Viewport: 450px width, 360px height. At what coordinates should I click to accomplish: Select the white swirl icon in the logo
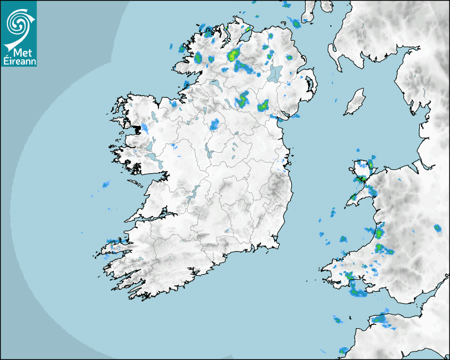pyautogui.click(x=17, y=23)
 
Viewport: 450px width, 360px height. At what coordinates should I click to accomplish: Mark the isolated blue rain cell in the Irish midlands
pyautogui.click(x=214, y=125)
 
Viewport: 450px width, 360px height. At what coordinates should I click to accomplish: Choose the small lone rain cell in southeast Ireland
pyautogui.click(x=227, y=231)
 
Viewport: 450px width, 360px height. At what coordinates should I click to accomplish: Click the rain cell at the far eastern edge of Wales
pyautogui.click(x=437, y=228)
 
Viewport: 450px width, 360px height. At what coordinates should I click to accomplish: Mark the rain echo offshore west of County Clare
pyautogui.click(x=105, y=184)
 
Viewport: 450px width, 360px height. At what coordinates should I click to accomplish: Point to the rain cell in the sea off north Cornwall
pyautogui.click(x=337, y=319)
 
